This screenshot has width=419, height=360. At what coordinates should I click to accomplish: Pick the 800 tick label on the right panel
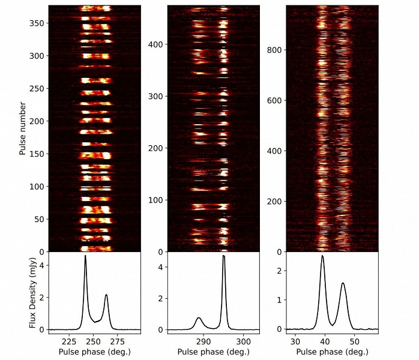pos(275,50)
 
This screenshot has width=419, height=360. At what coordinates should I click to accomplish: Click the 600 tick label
pos(275,101)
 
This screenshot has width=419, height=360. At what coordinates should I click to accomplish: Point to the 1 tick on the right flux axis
pos(279,299)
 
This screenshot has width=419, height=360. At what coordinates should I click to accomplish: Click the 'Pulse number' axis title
pos(22,128)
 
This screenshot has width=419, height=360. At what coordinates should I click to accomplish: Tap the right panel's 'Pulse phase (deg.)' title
pos(333,351)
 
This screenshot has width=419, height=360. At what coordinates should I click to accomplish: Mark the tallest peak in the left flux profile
pos(85,256)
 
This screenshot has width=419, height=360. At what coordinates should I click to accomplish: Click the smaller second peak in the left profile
pos(106,295)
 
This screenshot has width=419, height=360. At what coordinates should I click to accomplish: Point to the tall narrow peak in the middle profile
pos(224,256)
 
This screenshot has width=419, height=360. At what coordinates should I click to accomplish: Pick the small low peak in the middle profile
pos(199,318)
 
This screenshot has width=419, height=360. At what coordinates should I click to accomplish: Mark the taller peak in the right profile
pos(322,256)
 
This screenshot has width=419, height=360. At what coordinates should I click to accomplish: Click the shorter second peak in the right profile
pos(343,283)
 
